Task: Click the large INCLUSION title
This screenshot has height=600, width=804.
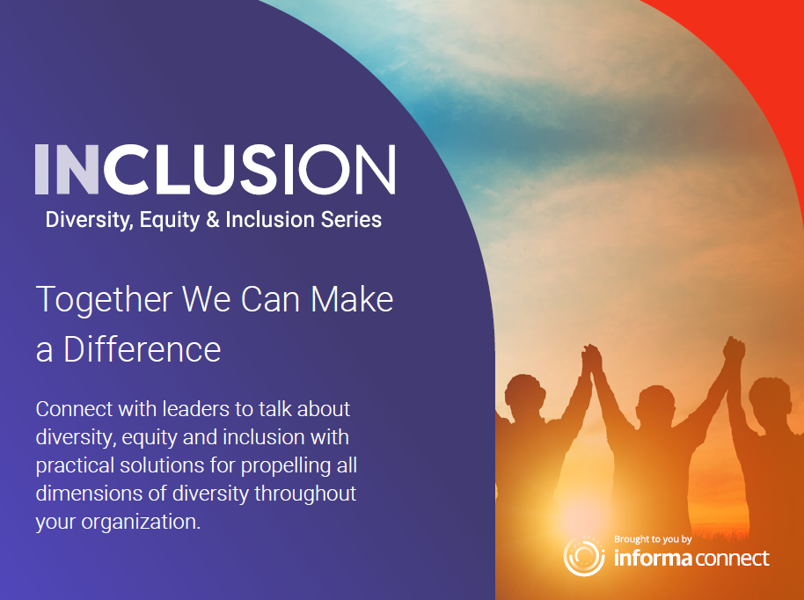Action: pyautogui.click(x=216, y=169)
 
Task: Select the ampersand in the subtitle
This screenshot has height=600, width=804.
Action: pyautogui.click(x=213, y=219)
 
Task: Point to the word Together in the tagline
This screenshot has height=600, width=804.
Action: pyautogui.click(x=104, y=299)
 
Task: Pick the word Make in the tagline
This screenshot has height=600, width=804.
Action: pyautogui.click(x=352, y=299)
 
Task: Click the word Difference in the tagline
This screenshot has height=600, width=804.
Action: pyautogui.click(x=142, y=349)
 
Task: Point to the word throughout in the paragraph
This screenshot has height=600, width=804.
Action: pyautogui.click(x=305, y=494)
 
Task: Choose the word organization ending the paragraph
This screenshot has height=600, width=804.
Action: pyautogui.click(x=141, y=523)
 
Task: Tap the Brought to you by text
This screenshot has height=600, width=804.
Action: pyautogui.click(x=653, y=539)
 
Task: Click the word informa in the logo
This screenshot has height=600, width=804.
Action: pyautogui.click(x=653, y=558)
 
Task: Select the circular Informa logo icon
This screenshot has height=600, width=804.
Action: pyautogui.click(x=584, y=556)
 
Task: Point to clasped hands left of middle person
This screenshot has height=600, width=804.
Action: pyautogui.click(x=592, y=358)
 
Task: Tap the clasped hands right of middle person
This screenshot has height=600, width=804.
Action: pyautogui.click(x=734, y=351)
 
